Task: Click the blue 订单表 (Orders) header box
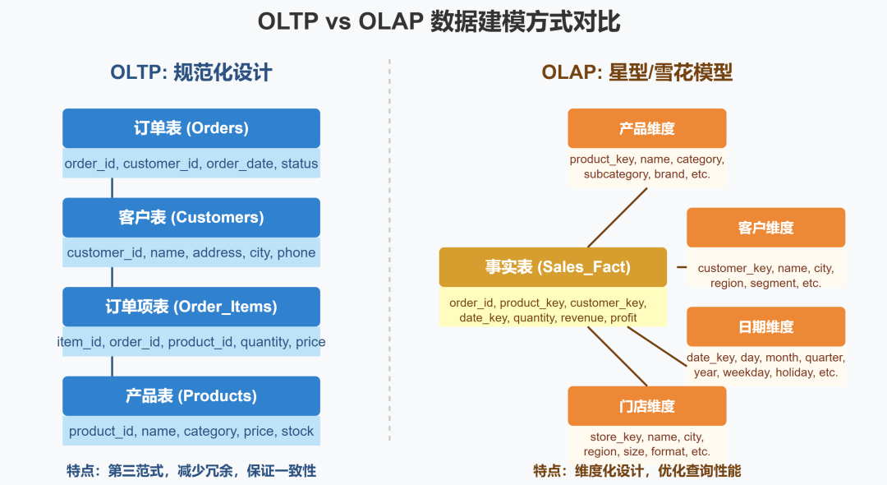[191, 128]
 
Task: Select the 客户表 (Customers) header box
[191, 218]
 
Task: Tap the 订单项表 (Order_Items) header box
[191, 307]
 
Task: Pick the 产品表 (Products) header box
[191, 396]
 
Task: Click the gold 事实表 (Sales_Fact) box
[553, 267]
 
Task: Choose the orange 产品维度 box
[647, 128]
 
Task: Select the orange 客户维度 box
[765, 228]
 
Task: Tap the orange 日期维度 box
[765, 326]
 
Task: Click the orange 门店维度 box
[647, 406]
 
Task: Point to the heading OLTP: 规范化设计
[191, 72]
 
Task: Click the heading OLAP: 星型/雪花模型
[637, 72]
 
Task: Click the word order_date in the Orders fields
[239, 164]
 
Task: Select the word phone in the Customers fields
[296, 253]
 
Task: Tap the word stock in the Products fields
[297, 432]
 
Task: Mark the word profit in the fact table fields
[623, 318]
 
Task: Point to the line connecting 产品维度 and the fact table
[618, 217]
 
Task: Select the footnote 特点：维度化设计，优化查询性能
[637, 471]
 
